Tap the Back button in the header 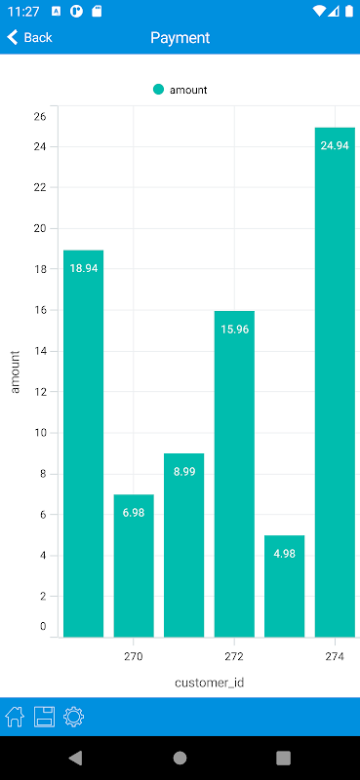tap(30, 37)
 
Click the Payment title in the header tap(180, 38)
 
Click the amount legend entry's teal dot tap(158, 90)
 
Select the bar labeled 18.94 tap(84, 444)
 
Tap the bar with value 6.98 tap(134, 565)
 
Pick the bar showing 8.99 tap(183, 545)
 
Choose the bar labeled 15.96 tap(234, 474)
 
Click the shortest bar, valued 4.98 tap(284, 586)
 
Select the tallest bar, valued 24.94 tap(335, 382)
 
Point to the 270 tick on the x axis tap(134, 656)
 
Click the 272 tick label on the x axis tap(234, 656)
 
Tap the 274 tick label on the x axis tap(335, 656)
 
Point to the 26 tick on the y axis tap(40, 116)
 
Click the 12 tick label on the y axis tap(40, 392)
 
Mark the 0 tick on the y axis tap(43, 626)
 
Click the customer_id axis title tap(209, 682)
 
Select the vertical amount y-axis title tap(16, 372)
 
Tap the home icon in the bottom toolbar tap(15, 717)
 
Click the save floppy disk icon tap(44, 717)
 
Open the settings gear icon tap(74, 717)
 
